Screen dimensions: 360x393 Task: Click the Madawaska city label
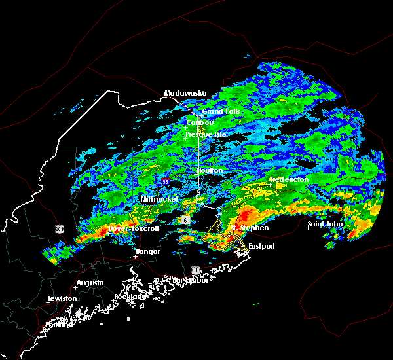(185, 93)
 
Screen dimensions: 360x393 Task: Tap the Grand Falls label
(221, 112)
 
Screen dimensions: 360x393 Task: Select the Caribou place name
(201, 122)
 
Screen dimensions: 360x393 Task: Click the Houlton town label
(210, 170)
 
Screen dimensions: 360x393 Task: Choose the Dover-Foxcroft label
(134, 229)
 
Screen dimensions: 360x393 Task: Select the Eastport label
(261, 246)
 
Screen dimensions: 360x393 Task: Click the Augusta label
(90, 283)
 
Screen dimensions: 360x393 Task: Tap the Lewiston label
(62, 298)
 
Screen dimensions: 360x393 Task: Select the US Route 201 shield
(59, 229)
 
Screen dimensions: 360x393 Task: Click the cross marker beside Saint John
(309, 228)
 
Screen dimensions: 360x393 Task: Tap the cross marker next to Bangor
(134, 256)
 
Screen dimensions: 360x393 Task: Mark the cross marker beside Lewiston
(48, 302)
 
